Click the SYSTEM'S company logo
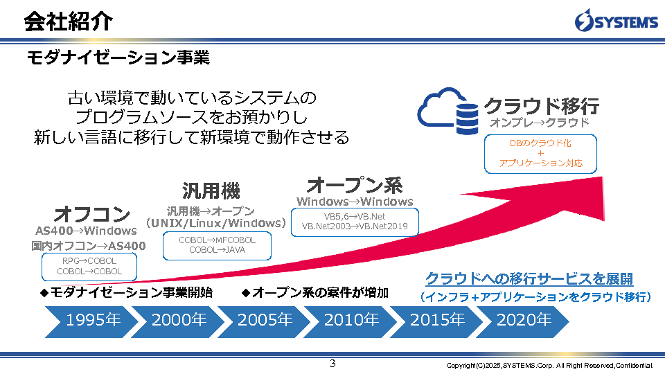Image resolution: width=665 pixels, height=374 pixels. click(x=616, y=21)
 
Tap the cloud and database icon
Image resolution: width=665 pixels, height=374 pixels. click(x=447, y=109)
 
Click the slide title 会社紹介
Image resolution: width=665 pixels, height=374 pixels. click(x=68, y=21)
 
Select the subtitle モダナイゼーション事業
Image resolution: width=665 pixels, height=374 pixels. click(x=118, y=57)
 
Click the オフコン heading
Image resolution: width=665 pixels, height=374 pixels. click(x=91, y=213)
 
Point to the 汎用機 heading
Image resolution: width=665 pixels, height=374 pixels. click(x=211, y=190)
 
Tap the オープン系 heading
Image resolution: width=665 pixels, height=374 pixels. click(x=354, y=185)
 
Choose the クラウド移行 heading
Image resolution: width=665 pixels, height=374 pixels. click(x=541, y=106)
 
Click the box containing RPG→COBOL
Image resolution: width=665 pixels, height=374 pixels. click(x=89, y=266)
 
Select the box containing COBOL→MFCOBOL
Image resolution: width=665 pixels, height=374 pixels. click(x=217, y=244)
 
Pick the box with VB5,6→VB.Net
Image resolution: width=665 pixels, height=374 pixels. click(x=355, y=222)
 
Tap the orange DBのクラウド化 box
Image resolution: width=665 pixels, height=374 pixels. click(x=540, y=153)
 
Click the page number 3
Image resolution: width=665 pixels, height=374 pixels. click(x=332, y=364)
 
